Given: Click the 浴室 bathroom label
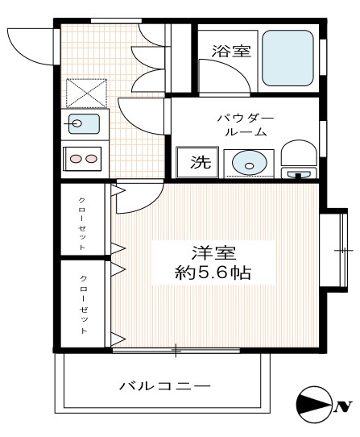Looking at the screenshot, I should click(x=231, y=51).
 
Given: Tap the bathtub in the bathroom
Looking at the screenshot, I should click(x=288, y=60).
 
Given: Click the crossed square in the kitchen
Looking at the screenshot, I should click(x=85, y=93).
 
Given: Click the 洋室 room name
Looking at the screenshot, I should click(x=213, y=251).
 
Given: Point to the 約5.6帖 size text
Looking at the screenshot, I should click(x=213, y=273).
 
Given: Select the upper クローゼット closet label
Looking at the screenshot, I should click(x=83, y=222).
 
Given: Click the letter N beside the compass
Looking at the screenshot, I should click(x=340, y=405).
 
